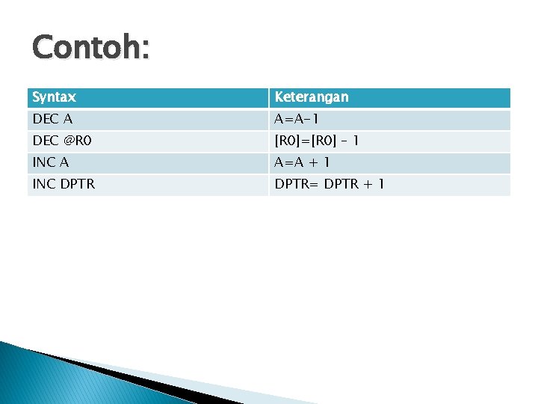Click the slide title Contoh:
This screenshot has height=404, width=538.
[90, 49]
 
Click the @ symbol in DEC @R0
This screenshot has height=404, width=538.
[68, 141]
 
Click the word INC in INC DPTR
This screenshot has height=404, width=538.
[43, 184]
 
